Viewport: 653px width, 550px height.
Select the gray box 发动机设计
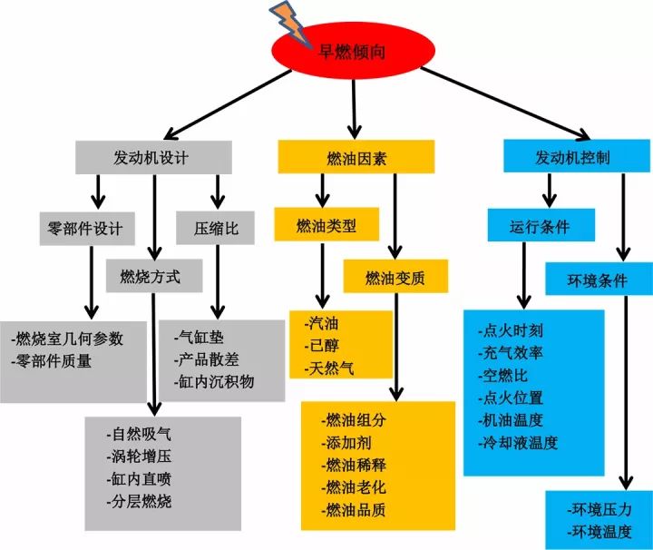(151, 157)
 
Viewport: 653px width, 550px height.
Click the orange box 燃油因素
(356, 158)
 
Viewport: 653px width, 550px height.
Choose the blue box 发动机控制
(576, 157)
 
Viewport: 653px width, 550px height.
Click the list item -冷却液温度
(519, 443)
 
